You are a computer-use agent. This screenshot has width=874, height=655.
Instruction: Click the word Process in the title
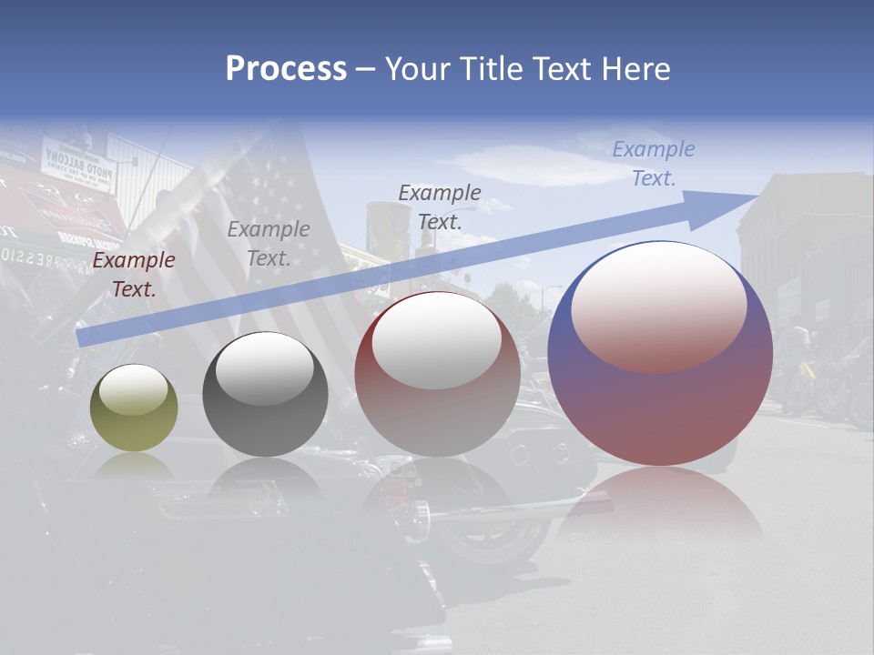[286, 69]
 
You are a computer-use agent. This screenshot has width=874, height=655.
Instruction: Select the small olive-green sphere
[134, 408]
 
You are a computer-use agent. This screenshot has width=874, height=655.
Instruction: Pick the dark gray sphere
[265, 394]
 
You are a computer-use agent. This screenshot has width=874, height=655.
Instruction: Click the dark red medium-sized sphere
[437, 373]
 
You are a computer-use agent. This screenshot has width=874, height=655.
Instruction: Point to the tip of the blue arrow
[758, 196]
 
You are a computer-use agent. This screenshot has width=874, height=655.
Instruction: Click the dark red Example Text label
[134, 275]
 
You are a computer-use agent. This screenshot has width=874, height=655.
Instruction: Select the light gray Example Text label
[269, 244]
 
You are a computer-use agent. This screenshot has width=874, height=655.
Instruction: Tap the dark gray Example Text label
[440, 207]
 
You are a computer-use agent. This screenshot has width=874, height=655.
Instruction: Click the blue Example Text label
[654, 164]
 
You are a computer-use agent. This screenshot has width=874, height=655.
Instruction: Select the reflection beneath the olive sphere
[134, 466]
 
